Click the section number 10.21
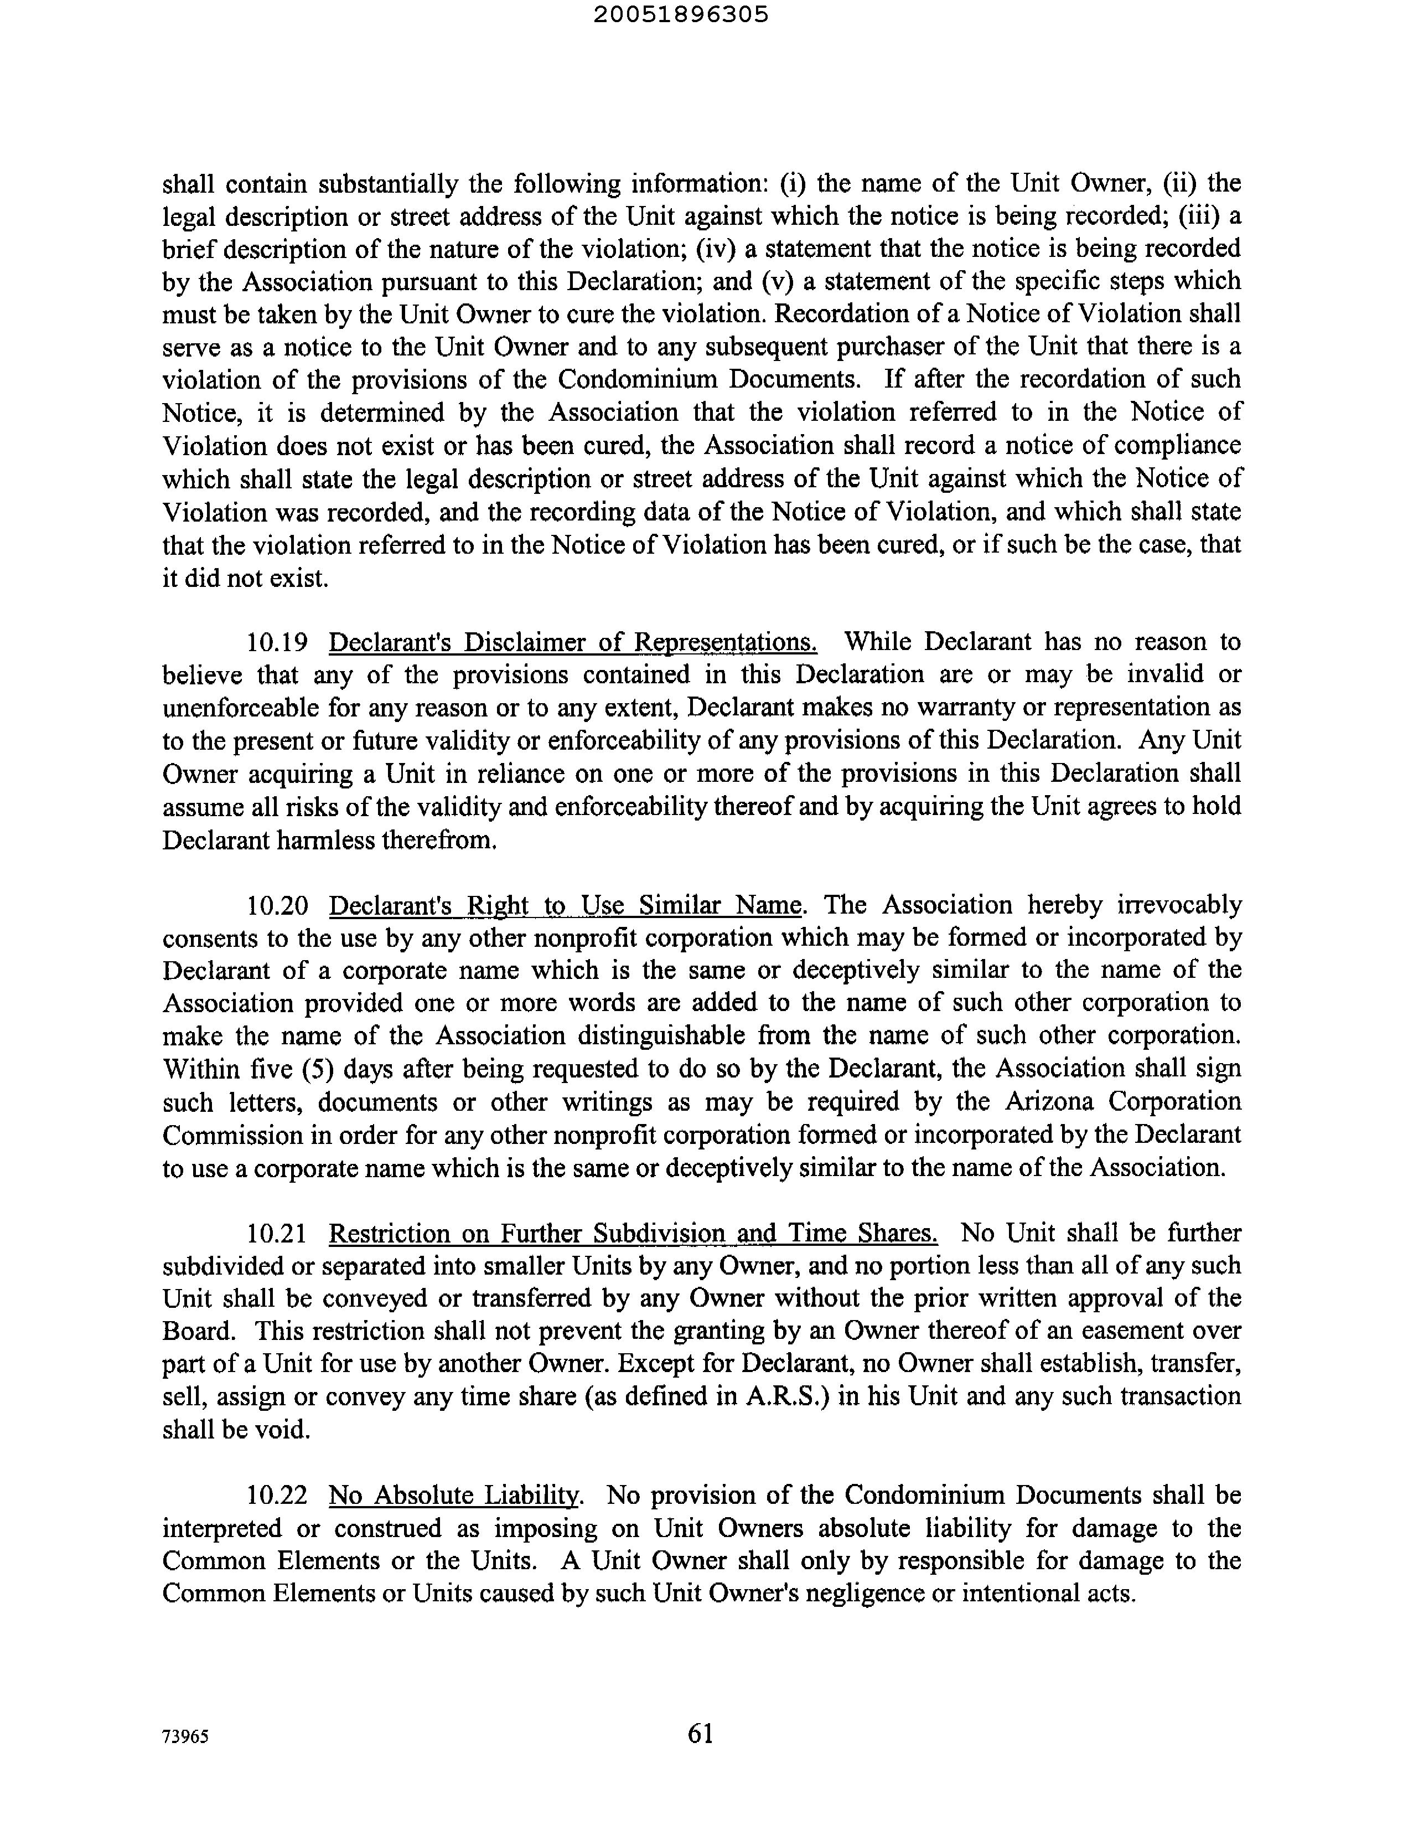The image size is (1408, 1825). point(277,1234)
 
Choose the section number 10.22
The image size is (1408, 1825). point(277,1496)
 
